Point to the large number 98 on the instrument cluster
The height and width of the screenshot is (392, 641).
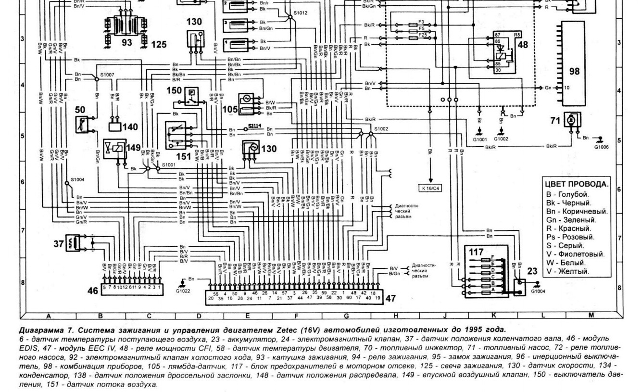574,71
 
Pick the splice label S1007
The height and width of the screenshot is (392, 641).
107,75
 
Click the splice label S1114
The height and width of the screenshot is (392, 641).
253,125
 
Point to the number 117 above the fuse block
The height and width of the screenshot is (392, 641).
477,251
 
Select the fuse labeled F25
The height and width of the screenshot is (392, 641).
422,35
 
